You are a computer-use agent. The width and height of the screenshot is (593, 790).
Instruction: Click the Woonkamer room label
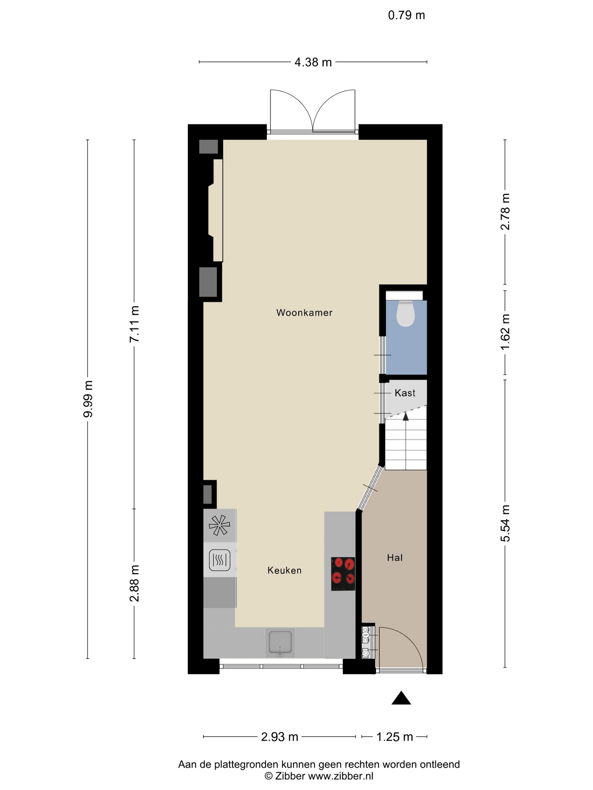click(304, 313)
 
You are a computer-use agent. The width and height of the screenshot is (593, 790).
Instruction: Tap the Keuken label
click(285, 570)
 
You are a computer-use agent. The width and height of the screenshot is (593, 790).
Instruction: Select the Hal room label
click(394, 558)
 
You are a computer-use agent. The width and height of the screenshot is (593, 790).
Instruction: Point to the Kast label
click(405, 393)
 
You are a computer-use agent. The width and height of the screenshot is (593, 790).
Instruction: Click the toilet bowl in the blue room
click(406, 313)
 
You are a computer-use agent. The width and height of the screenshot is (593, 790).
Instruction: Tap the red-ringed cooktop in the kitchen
click(343, 574)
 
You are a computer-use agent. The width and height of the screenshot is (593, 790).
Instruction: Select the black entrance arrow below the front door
click(401, 698)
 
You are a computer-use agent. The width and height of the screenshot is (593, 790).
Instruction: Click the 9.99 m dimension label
click(88, 399)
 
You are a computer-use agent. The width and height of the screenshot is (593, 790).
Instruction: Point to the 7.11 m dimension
click(134, 324)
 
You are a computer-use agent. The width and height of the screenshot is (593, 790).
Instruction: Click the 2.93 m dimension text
click(280, 737)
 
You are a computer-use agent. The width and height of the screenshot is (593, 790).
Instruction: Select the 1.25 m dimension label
click(394, 737)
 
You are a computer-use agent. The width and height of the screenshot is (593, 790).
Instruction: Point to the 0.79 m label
click(406, 15)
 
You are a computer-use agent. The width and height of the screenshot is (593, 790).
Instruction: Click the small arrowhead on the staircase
click(406, 416)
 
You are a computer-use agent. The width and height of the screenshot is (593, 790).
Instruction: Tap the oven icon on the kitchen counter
click(219, 559)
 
